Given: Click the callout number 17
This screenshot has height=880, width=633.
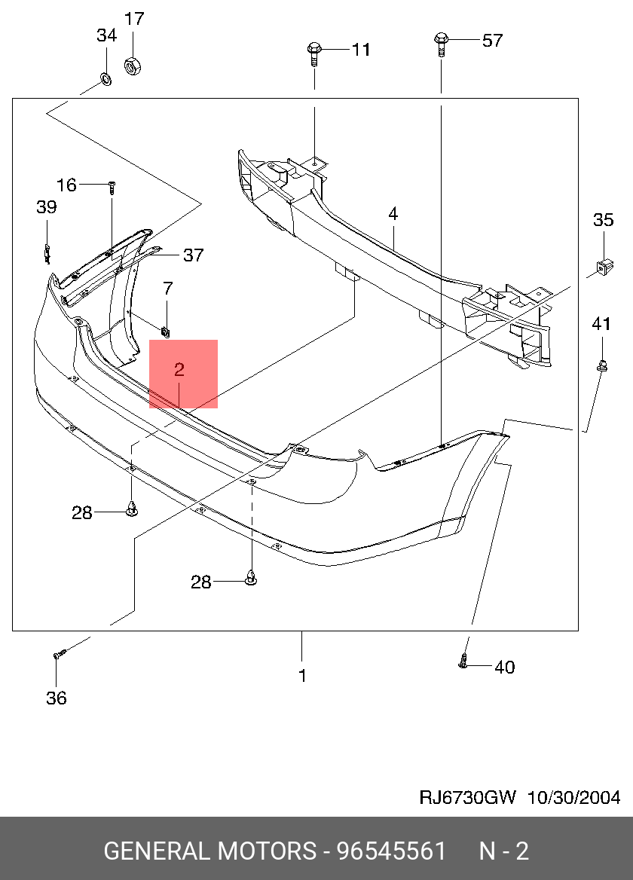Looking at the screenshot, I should pyautogui.click(x=133, y=19).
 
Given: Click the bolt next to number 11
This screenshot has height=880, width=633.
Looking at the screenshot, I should pyautogui.click(x=313, y=53).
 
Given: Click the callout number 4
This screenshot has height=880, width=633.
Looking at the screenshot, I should pyautogui.click(x=393, y=215).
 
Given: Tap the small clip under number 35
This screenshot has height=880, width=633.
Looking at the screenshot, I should pyautogui.click(x=604, y=265).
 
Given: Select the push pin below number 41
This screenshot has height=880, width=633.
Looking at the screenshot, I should pyautogui.click(x=602, y=366).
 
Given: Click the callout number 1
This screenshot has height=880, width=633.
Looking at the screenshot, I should pyautogui.click(x=302, y=676).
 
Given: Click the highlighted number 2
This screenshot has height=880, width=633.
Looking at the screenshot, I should pyautogui.click(x=179, y=370).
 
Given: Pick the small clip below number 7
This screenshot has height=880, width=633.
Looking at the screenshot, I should pyautogui.click(x=166, y=328).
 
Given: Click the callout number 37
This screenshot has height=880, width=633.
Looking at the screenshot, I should pyautogui.click(x=194, y=255).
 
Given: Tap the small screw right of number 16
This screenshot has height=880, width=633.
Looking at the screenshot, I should pyautogui.click(x=112, y=185).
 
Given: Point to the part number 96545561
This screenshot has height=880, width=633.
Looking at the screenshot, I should pyautogui.click(x=391, y=851).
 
